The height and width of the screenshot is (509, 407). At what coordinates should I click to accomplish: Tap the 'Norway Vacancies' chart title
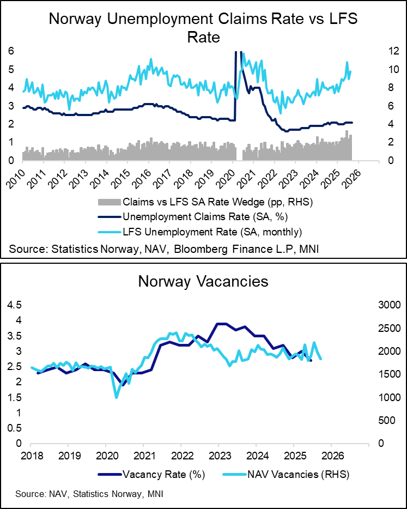tap(203, 281)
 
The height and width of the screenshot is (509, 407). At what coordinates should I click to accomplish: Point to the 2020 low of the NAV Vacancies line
tap(116, 397)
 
